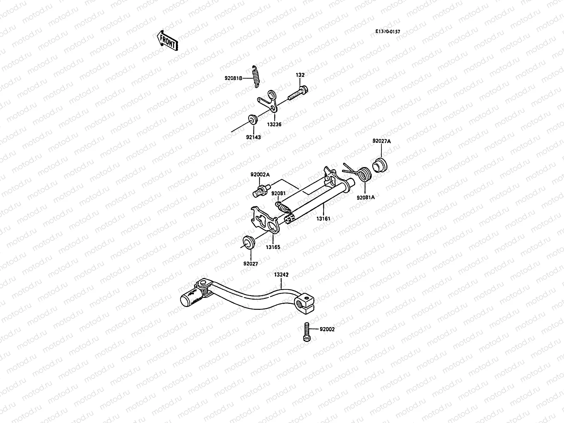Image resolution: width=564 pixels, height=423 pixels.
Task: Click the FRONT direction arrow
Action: pyautogui.click(x=167, y=41)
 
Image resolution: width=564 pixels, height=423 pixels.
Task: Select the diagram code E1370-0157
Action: pyautogui.click(x=388, y=31)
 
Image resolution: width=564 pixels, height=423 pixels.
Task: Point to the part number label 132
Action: pyautogui.click(x=300, y=75)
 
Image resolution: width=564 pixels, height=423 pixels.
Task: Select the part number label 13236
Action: pyautogui.click(x=274, y=124)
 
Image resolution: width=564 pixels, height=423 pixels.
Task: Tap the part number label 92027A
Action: pyautogui.click(x=381, y=141)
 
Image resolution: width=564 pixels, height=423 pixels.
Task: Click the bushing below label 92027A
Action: pyautogui.click(x=380, y=165)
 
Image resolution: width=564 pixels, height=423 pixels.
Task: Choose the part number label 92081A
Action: pyautogui.click(x=366, y=197)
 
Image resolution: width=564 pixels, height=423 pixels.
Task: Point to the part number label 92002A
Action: pyautogui.click(x=260, y=174)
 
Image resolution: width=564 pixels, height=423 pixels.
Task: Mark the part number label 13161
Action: pyautogui.click(x=323, y=219)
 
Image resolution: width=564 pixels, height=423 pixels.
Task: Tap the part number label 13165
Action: pyautogui.click(x=273, y=247)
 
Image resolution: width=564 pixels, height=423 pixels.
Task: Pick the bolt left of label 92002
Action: pyautogui.click(x=306, y=331)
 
